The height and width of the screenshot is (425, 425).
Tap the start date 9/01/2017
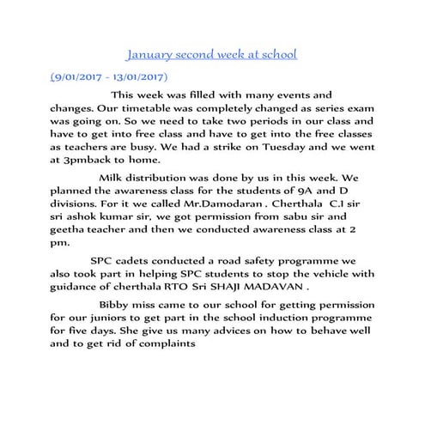(83, 76)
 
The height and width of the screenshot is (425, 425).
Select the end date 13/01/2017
(147, 76)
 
